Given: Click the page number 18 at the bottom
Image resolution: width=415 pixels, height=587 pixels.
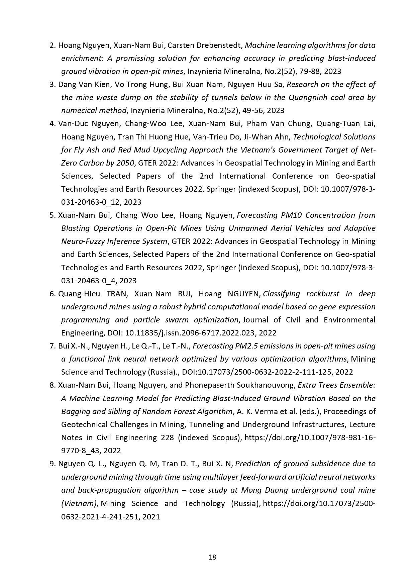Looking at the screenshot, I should (x=212, y=557).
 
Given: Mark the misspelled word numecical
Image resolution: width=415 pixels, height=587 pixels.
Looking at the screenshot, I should (x=77, y=110).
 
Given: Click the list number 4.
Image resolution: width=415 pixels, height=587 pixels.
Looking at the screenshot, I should (x=52, y=124).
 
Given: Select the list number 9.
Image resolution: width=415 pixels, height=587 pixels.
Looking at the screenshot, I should (x=52, y=464).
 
